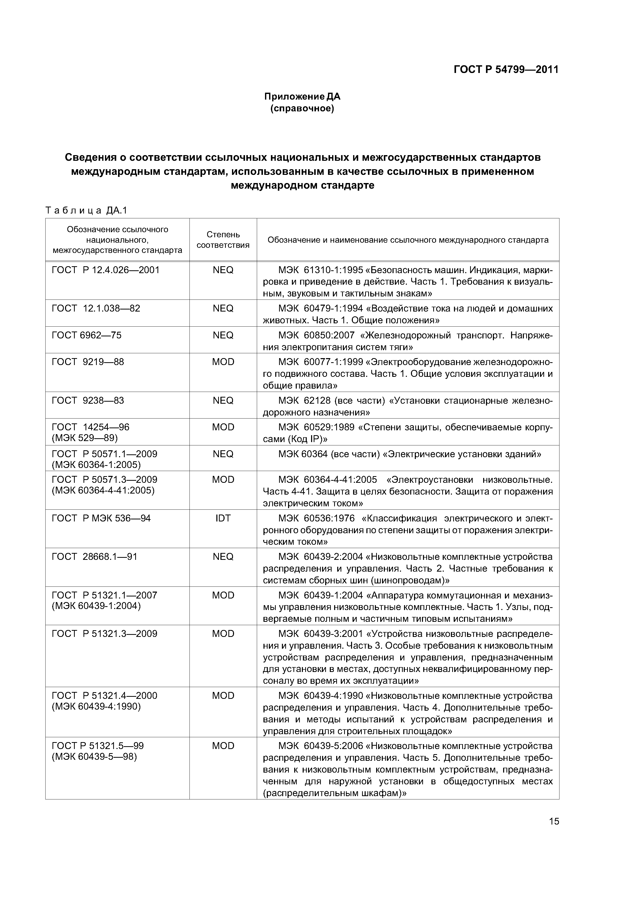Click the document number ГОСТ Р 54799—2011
point(506,70)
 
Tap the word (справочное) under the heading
point(302,108)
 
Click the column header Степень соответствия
point(223,240)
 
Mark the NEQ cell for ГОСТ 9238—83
point(223,401)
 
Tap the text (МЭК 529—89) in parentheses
point(84,438)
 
